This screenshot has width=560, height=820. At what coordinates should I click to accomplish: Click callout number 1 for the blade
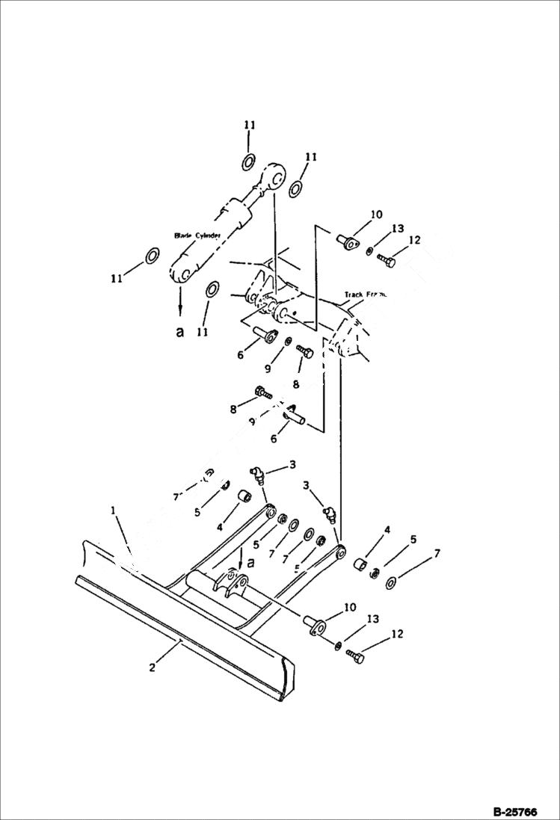point(114,511)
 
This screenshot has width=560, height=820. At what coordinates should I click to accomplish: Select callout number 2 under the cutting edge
point(152,667)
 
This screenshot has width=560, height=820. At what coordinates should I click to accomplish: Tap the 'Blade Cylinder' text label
point(197,235)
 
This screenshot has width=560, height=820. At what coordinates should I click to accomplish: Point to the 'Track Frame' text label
point(365,295)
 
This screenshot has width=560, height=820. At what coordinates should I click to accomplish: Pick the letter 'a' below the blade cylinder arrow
point(179,333)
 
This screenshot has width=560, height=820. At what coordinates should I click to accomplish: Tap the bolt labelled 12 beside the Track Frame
point(387,260)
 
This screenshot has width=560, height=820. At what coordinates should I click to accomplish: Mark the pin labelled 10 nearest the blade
point(315,624)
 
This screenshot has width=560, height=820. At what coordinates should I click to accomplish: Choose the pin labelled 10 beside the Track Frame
point(348,243)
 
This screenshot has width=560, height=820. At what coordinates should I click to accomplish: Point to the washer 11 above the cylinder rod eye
point(250,161)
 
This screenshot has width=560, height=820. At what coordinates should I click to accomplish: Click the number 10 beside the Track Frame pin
point(376,215)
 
